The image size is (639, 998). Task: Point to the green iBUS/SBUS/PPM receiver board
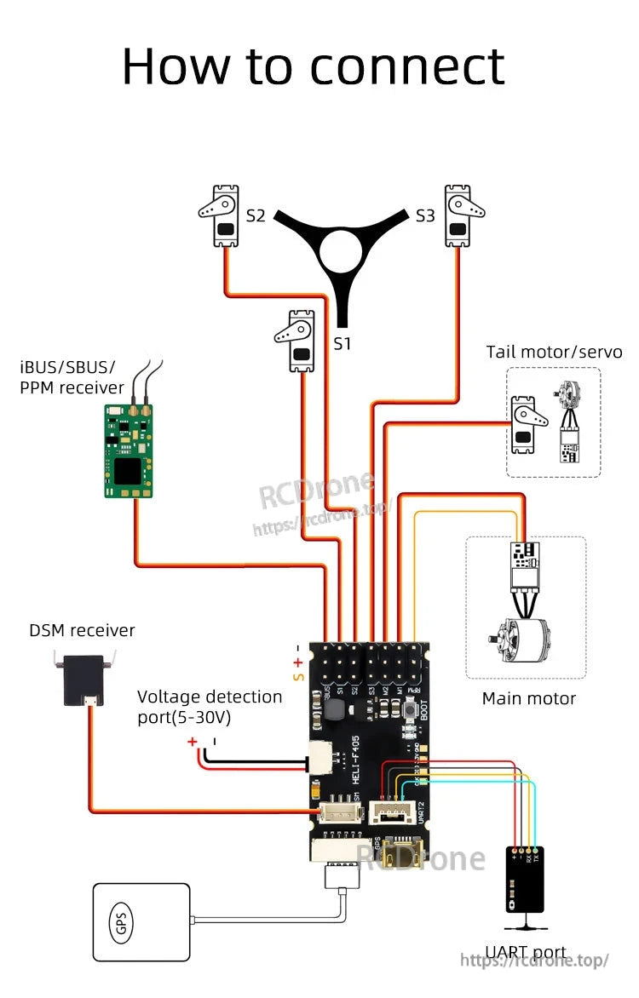click(x=129, y=450)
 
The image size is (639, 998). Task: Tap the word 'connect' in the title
click(x=407, y=66)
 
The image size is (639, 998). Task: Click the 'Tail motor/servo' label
click(x=554, y=352)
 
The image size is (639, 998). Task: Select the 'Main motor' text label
click(x=528, y=698)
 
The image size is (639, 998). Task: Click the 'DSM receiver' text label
click(x=82, y=630)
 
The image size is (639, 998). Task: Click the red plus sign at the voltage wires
click(x=193, y=742)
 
